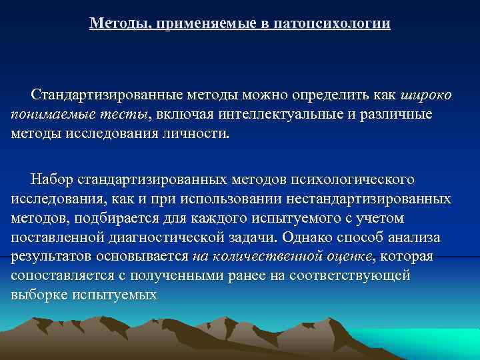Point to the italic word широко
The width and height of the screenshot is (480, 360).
click(427, 95)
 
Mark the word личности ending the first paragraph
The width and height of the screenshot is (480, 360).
click(197, 133)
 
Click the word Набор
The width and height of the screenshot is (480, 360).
click(53, 179)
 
